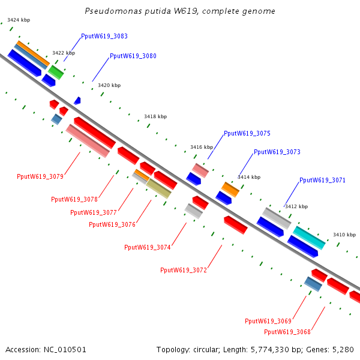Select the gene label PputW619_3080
pyautogui.click(x=133, y=56)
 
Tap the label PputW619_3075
pyautogui.click(x=247, y=134)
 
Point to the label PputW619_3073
pyautogui.click(x=277, y=152)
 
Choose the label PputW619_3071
pyautogui.click(x=322, y=180)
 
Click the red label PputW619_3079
pyautogui.click(x=40, y=176)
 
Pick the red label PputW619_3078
pyautogui.click(x=74, y=199)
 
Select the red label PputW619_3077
pyautogui.click(x=94, y=212)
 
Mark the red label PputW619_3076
pyautogui.click(x=112, y=224)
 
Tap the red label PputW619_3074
pyautogui.click(x=148, y=247)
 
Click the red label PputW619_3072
pyautogui.click(x=184, y=270)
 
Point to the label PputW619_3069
pyautogui.click(x=268, y=321)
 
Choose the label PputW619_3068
pyautogui.click(x=287, y=332)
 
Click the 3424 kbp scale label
pyautogui.click(x=19, y=20)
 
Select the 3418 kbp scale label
pyautogui.click(x=155, y=117)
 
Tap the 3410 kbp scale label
pyautogui.click(x=344, y=235)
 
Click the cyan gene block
pyautogui.click(x=309, y=238)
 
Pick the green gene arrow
pyautogui.click(x=56, y=73)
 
